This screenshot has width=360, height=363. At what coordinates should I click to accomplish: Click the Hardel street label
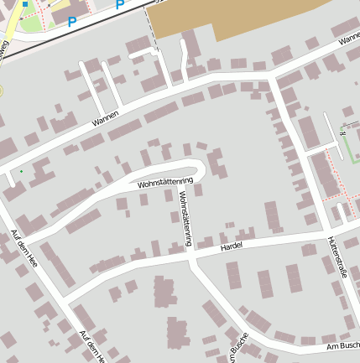[231, 248]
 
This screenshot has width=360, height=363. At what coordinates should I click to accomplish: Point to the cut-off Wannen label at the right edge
[347, 39]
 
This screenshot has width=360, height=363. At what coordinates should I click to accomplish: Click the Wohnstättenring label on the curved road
[165, 182]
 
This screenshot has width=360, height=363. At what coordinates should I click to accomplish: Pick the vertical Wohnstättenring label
[185, 218]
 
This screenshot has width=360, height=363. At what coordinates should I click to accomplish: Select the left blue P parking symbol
[72, 21]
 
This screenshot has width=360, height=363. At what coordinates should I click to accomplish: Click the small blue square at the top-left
[25, 4]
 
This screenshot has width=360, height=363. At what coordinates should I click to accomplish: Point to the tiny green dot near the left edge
[21, 172]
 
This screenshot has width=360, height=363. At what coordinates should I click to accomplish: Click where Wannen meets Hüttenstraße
[270, 78]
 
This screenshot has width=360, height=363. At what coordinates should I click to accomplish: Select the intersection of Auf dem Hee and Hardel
[65, 299]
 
